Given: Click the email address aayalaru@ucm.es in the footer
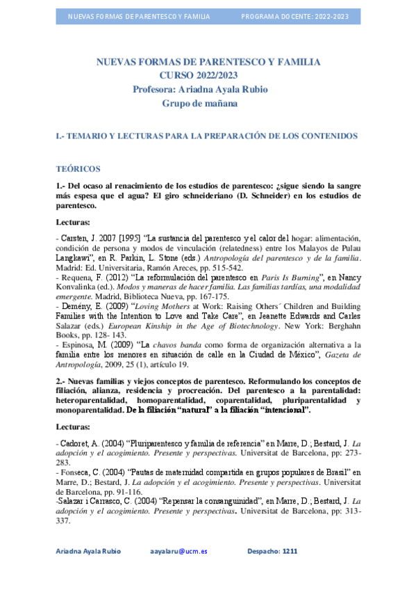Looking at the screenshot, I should click(x=178, y=551).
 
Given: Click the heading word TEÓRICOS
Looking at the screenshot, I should click(x=78, y=169).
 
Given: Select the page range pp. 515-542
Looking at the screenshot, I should click(x=219, y=267).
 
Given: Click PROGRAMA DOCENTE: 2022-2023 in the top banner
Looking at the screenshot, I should click(x=294, y=16).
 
